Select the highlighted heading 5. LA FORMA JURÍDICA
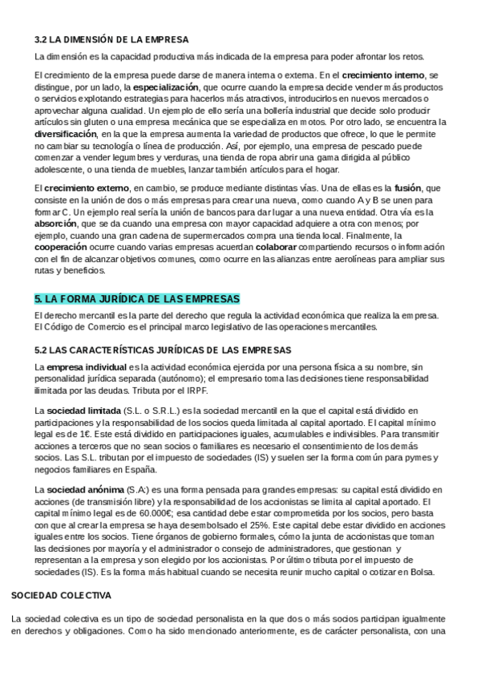click(x=137, y=299)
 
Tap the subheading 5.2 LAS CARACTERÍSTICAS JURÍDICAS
click(x=163, y=350)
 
